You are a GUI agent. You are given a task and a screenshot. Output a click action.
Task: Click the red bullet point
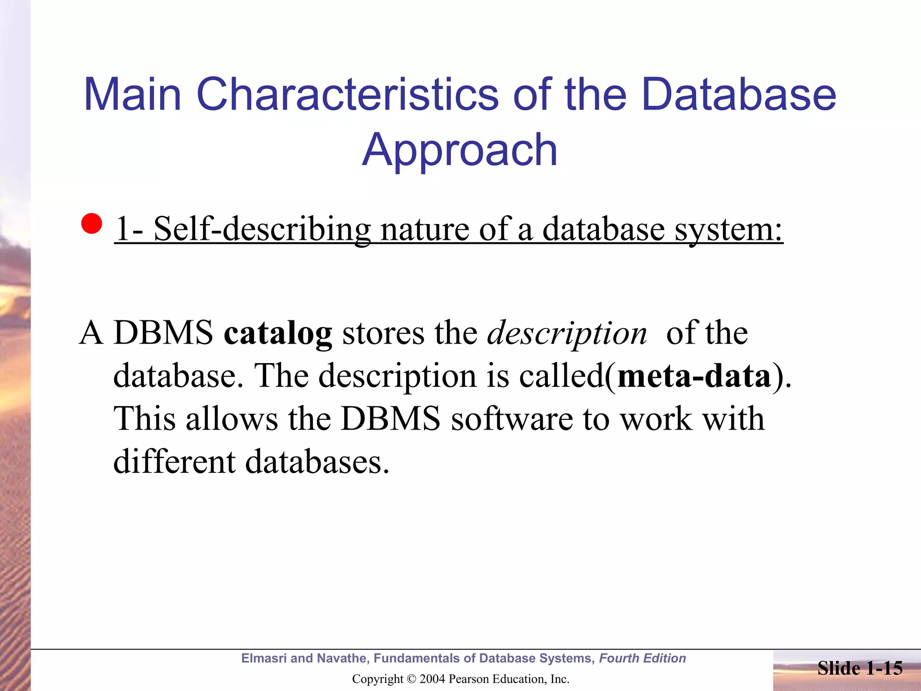92,224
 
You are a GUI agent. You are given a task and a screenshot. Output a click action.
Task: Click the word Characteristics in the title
347,94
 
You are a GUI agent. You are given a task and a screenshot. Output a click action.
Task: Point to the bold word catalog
278,333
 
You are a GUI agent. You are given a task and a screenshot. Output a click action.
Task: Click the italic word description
567,334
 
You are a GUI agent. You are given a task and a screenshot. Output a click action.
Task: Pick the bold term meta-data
694,376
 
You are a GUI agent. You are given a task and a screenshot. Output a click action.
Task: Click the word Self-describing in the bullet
262,229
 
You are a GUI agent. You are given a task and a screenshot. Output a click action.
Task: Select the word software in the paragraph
512,419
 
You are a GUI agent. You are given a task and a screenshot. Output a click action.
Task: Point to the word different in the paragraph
174,462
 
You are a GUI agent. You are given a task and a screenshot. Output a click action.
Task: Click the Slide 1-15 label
859,668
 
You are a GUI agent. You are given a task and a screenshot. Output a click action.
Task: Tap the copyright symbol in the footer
411,679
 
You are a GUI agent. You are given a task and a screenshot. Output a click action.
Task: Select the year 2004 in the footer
432,679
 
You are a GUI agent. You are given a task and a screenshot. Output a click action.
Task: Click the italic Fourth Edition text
642,658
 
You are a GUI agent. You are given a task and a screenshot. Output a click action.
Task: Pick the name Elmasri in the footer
264,658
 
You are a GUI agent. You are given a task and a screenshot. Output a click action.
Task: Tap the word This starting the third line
144,419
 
